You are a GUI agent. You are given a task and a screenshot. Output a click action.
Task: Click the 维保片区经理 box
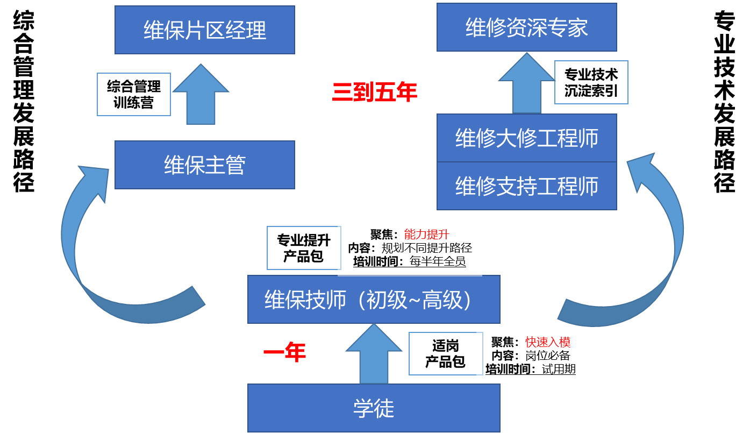coord(205,30)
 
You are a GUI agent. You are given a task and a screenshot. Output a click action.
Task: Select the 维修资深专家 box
coord(526,27)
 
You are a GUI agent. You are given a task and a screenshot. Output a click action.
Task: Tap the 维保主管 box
coord(205,165)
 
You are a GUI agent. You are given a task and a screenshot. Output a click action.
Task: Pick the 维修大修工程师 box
coord(526,138)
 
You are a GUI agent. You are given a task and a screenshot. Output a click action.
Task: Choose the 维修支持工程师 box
coord(526,186)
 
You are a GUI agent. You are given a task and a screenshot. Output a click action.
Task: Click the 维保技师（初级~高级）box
coord(374,300)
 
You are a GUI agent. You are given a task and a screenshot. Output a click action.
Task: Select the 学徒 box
coord(374,408)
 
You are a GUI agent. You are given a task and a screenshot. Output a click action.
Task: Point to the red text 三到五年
coord(375,93)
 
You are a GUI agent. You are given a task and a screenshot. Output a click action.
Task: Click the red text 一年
coord(284,353)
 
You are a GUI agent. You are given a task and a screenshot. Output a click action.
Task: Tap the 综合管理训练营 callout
coord(134,94)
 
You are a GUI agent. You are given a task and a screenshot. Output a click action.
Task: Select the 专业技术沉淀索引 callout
coord(591,82)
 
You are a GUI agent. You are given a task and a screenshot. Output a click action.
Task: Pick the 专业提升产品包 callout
coord(304,248)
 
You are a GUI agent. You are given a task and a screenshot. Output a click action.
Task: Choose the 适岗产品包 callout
coord(445,354)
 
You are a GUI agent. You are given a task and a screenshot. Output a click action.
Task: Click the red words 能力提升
coord(426,235)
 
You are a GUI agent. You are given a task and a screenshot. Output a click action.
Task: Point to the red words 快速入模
coord(548,342)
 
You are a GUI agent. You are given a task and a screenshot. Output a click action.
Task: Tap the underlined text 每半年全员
coord(437,262)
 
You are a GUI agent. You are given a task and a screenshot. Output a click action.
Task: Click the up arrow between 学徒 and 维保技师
coord(373,356)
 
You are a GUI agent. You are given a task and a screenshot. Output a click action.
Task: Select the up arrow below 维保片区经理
coord(201,97)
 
